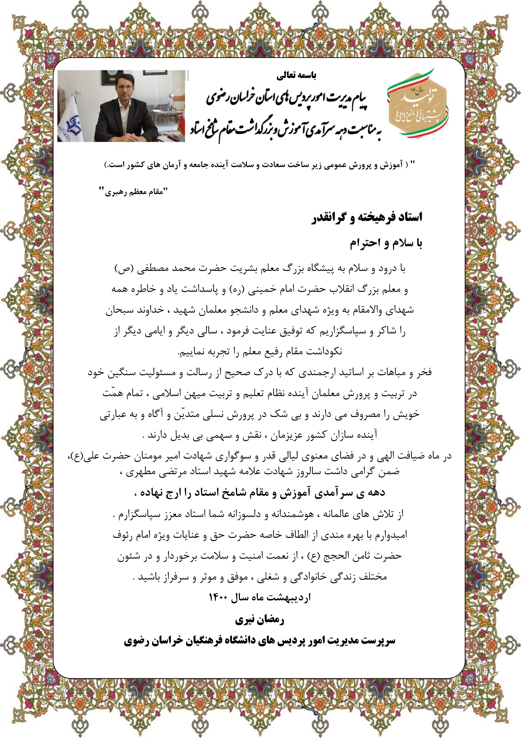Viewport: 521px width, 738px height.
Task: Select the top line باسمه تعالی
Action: (296, 76)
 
